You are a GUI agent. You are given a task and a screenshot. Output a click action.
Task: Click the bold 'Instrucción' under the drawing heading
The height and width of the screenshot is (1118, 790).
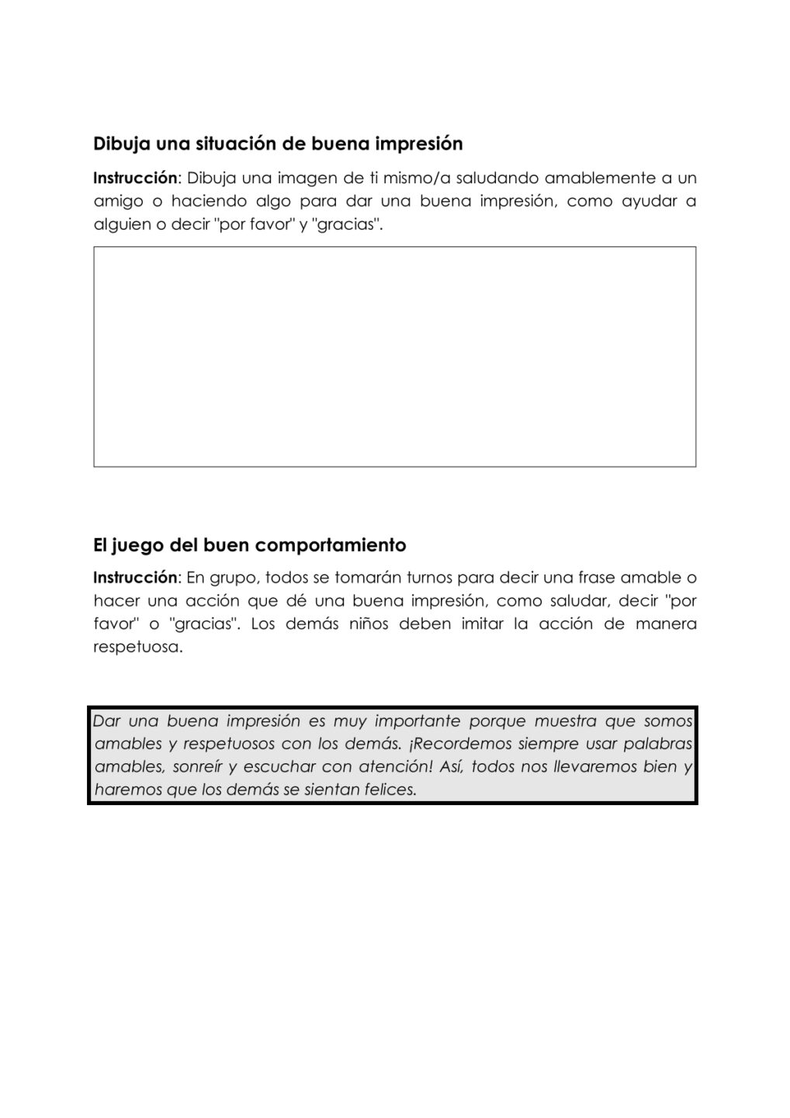coord(135,178)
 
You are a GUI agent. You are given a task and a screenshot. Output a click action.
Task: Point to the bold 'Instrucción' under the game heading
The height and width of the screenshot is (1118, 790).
coord(135,578)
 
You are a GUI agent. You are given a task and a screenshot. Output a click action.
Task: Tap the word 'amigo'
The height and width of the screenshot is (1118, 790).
coord(118,201)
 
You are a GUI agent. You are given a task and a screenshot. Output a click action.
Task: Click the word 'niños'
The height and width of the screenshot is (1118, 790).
coord(362,624)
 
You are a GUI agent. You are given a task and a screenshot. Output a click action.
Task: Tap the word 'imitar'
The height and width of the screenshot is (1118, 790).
coord(483,624)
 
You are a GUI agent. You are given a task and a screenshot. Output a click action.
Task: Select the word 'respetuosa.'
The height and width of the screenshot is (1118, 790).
coord(137,648)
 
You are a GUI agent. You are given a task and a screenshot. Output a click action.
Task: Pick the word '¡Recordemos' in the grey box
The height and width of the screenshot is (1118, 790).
coord(453,744)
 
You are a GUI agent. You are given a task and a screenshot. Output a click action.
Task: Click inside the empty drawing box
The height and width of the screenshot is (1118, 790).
coord(394,356)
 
